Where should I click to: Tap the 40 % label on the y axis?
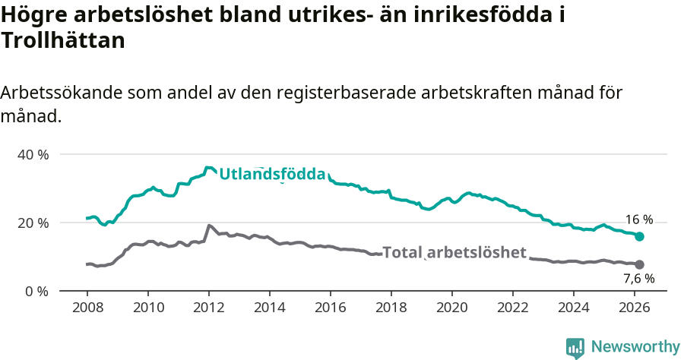tap(33, 154)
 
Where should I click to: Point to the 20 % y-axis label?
tap(33, 223)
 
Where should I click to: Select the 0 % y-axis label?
tap(36, 291)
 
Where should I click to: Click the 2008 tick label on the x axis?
tap(87, 309)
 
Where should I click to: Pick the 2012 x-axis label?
tap(208, 309)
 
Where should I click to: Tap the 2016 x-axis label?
tap(331, 309)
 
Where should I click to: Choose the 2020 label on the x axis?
tap(452, 309)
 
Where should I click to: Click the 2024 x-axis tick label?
tap(574, 309)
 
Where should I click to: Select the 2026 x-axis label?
tap(635, 309)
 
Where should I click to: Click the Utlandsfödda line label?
tap(272, 175)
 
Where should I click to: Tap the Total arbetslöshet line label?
tap(454, 252)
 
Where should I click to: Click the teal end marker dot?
tap(640, 237)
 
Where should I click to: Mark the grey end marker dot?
tap(640, 264)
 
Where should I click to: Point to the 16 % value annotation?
tap(638, 219)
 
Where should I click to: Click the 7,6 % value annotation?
tap(638, 279)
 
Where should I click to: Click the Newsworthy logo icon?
tap(575, 347)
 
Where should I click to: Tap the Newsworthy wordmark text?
tap(635, 347)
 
